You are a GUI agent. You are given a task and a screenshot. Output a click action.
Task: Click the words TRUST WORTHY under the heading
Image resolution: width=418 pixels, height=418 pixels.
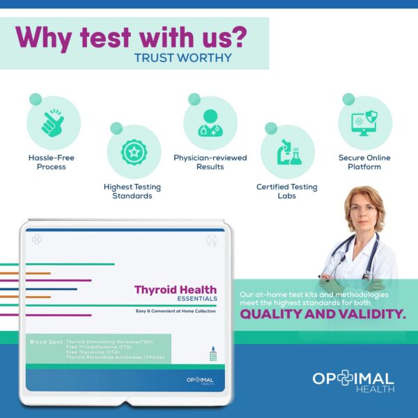click(183, 57)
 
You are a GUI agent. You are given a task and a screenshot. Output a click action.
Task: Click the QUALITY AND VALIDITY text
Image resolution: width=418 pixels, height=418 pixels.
click(323, 315)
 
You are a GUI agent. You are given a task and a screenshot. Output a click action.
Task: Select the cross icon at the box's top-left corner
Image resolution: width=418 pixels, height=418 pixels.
click(36, 238)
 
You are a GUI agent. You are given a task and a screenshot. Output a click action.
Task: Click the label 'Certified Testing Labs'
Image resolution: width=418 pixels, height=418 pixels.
click(286, 192)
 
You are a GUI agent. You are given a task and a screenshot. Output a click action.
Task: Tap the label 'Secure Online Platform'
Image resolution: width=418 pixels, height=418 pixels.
click(364, 162)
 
